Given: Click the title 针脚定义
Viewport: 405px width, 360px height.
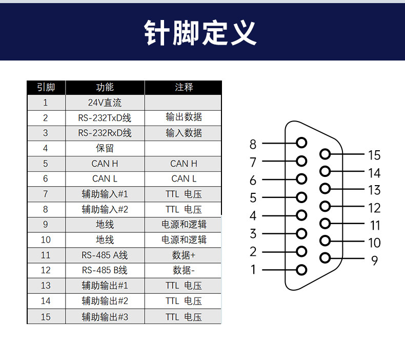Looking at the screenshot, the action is [200, 33].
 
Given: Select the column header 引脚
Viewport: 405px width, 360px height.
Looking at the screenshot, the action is [46, 87].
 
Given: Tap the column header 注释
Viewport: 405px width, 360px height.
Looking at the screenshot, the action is [184, 87].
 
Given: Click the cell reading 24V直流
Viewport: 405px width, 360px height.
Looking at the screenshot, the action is [105, 103].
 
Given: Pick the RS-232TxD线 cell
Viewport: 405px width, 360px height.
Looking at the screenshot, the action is [105, 118].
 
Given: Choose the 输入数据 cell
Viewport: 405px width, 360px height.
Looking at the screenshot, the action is [184, 133].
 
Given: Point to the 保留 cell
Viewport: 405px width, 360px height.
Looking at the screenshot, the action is [105, 148].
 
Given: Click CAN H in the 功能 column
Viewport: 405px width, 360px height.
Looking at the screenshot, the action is [105, 164].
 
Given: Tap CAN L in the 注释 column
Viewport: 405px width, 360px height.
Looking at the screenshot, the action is [184, 178].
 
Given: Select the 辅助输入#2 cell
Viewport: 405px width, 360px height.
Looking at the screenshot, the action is [105, 209].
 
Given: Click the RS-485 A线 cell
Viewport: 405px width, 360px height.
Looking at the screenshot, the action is [105, 255].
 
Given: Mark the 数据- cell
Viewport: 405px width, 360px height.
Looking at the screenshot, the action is [184, 270].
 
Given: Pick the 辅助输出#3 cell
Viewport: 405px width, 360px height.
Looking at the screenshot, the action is [105, 317].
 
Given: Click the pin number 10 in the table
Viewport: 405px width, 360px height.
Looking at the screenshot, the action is [46, 240].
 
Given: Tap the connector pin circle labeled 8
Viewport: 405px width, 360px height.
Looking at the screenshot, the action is [301, 143].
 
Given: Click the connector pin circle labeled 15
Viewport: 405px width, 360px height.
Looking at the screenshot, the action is [325, 154].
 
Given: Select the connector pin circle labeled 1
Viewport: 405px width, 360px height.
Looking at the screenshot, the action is [301, 270].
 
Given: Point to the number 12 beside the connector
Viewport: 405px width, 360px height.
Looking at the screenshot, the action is [374, 208].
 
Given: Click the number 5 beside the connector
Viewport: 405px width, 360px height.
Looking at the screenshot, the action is [253, 198].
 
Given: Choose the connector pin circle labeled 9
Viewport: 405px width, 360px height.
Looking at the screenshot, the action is [325, 258].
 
